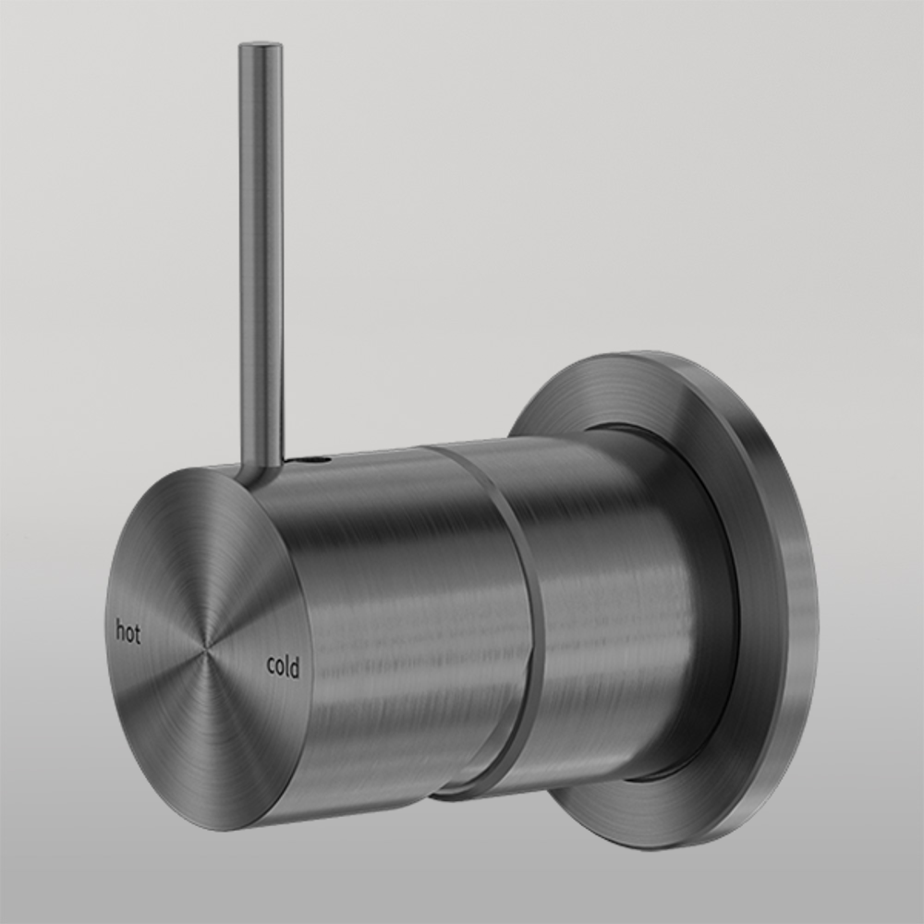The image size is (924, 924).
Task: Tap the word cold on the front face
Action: (282, 666)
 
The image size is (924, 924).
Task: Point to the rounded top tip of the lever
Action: (261, 44)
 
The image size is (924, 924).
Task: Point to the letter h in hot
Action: (119, 632)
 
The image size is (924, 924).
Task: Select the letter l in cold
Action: (287, 665)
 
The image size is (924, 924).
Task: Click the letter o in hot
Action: (128, 635)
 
